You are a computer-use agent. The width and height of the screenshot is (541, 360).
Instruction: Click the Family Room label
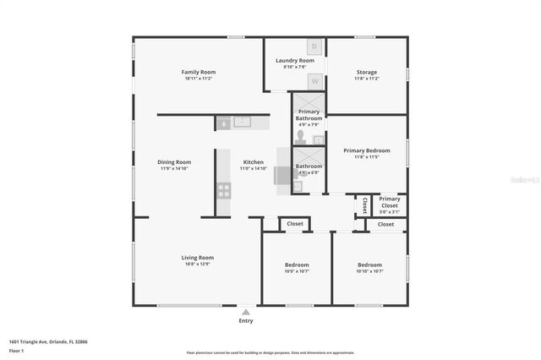click(x=197, y=72)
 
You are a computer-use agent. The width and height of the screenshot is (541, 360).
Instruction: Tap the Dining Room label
click(x=174, y=161)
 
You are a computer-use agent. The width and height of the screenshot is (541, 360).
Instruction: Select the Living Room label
click(x=197, y=257)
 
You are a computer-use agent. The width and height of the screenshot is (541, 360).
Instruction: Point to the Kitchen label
click(x=254, y=161)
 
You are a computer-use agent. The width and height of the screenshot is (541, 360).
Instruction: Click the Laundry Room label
click(x=294, y=61)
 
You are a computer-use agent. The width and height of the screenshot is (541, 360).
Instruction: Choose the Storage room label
click(x=366, y=72)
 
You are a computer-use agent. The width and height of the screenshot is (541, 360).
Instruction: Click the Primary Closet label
click(x=389, y=202)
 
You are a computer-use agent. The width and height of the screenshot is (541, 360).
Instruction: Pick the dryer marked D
click(x=314, y=46)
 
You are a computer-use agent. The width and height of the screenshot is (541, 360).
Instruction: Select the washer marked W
click(x=314, y=81)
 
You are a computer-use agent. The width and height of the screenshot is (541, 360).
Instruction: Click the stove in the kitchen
click(x=224, y=190)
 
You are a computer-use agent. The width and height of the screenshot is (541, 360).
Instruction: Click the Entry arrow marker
click(x=246, y=312)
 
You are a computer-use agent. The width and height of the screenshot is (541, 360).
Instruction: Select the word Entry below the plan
click(x=246, y=321)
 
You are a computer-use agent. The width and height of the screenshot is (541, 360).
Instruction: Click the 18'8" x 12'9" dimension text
click(x=197, y=264)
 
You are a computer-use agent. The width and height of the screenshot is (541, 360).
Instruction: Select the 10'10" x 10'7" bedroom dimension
click(x=369, y=271)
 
